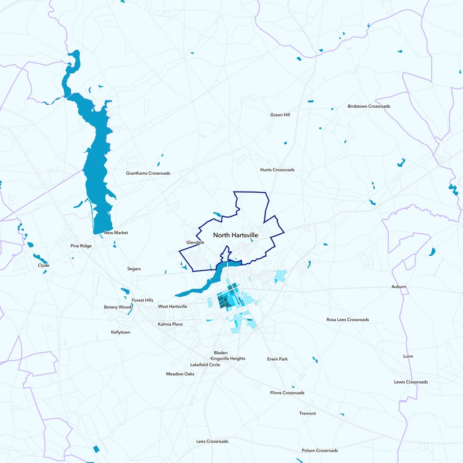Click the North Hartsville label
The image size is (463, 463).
235,235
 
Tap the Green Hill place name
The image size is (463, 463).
280,115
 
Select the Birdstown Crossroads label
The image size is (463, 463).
369,106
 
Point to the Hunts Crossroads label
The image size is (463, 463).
277,170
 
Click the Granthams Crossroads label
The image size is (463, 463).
148,173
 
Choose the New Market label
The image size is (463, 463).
116,233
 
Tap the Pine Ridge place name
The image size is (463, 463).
81,246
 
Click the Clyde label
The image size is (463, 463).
43,266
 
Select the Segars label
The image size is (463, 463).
134,269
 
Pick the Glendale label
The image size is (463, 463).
195,242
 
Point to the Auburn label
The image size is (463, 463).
399,286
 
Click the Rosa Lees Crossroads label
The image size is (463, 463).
347,319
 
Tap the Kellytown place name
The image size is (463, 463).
120,332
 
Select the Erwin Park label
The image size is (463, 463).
277,359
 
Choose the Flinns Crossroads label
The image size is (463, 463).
287,393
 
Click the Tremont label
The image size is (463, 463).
307,413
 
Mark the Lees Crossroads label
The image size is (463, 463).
212,441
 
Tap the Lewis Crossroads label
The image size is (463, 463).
410,382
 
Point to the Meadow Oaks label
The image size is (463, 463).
180,374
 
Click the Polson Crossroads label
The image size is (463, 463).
319,450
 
